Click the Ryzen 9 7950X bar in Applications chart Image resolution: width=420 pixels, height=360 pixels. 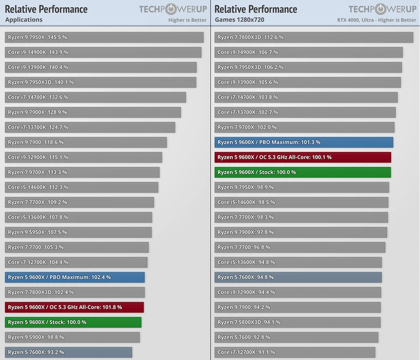coord(104,37)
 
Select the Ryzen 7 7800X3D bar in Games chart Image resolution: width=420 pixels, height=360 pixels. coord(314,37)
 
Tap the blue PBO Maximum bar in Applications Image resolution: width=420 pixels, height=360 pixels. coord(75,277)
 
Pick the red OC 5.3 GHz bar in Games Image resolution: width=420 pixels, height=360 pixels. coord(303,157)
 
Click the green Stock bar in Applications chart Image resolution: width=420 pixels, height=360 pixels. coord(73,322)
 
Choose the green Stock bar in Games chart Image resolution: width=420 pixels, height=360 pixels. coord(303,172)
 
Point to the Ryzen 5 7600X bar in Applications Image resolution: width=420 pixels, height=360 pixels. coord(68,352)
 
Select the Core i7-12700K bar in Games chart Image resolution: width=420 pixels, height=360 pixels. coord(295,352)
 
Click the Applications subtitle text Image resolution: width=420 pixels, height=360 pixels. coord(23,19)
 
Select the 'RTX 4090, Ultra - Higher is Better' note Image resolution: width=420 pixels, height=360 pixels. coord(376,20)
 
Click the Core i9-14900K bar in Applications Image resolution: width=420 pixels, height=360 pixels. coord(103,52)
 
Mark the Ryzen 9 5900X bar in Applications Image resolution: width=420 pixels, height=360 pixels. coord(73,337)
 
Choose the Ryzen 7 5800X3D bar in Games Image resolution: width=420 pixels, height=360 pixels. coord(298,322)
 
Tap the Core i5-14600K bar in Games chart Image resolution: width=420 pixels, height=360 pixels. coord(301,202)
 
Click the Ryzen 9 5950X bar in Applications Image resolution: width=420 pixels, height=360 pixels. coord(79,232)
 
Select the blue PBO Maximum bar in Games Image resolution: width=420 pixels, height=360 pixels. coord(304,142)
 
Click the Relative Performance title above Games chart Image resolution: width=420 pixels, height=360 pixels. coord(256,9)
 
